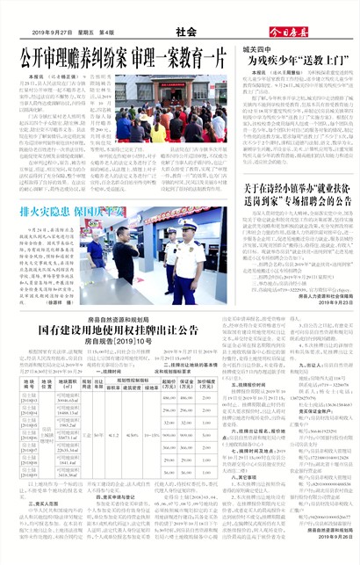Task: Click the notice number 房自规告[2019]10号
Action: [x=120, y=339]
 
